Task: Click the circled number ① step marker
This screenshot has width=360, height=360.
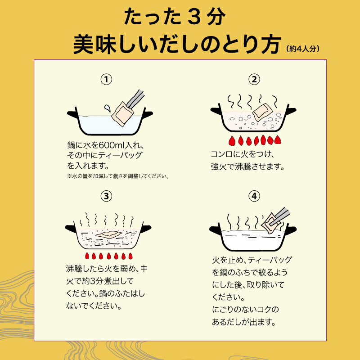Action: click(x=106, y=80)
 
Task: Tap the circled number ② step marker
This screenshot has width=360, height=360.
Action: click(x=254, y=80)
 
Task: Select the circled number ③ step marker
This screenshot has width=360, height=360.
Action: click(x=106, y=196)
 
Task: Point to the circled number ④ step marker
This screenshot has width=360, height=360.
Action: click(x=254, y=196)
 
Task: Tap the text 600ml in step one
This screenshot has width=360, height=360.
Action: click(x=111, y=145)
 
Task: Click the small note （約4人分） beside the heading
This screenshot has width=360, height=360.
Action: click(x=303, y=49)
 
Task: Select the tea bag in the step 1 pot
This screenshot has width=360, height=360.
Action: click(x=122, y=114)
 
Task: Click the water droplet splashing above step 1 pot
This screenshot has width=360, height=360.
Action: click(x=107, y=108)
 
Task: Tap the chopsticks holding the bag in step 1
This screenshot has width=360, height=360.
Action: click(x=135, y=99)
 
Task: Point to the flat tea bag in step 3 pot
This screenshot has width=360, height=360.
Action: click(x=108, y=234)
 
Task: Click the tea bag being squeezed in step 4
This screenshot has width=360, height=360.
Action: click(x=271, y=222)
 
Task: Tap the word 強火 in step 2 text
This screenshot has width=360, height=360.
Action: click(x=219, y=166)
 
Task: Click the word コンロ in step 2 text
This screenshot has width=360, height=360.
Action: click(x=221, y=154)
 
